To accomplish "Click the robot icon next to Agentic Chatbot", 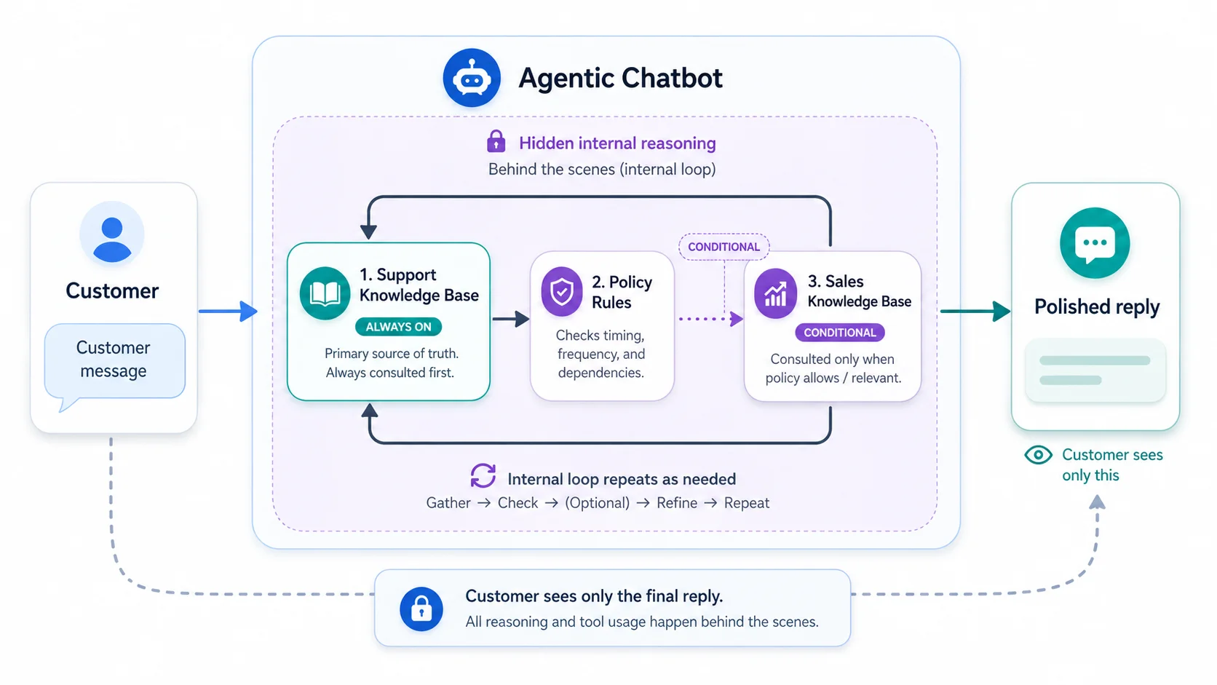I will pyautogui.click(x=472, y=78).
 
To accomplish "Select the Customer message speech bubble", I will pyautogui.click(x=114, y=360).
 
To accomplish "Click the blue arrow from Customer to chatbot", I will pyautogui.click(x=228, y=312).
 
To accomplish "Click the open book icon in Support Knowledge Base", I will pyautogui.click(x=325, y=293).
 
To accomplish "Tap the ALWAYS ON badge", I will pyautogui.click(x=398, y=327).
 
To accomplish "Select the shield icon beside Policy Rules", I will pyautogui.click(x=561, y=292).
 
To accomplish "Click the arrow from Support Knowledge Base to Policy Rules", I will pyautogui.click(x=510, y=319).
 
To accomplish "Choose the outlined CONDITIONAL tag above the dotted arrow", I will pyautogui.click(x=724, y=247).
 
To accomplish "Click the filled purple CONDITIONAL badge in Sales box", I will pyautogui.click(x=839, y=333).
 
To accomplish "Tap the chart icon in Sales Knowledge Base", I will pyautogui.click(x=775, y=293).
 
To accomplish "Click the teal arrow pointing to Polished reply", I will pyautogui.click(x=975, y=312).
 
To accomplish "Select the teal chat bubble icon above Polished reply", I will pyautogui.click(x=1095, y=243).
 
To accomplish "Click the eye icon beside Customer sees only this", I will pyautogui.click(x=1038, y=455).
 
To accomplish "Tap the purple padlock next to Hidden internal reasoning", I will pyautogui.click(x=496, y=141).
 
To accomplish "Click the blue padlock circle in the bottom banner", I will pyautogui.click(x=421, y=609).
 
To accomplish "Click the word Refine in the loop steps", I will pyautogui.click(x=676, y=503).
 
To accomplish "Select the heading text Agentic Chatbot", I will pyautogui.click(x=620, y=78).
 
